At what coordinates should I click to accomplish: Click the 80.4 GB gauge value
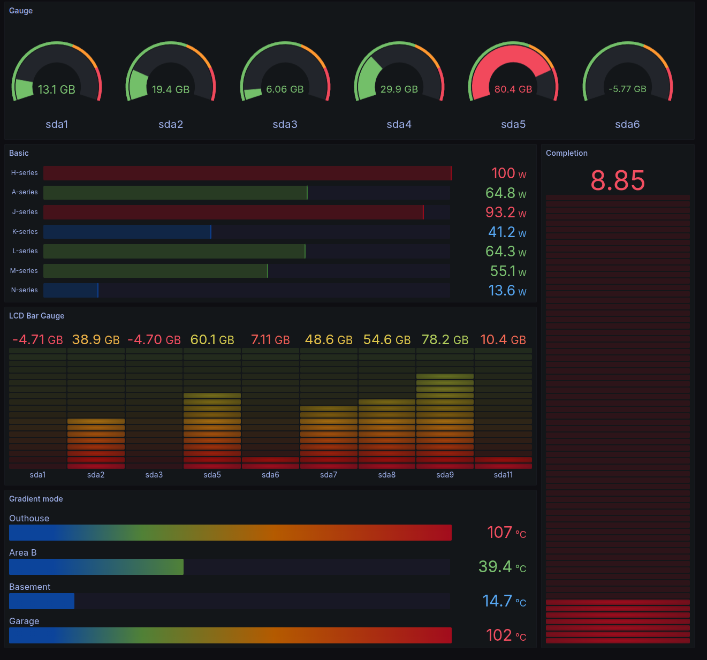(x=513, y=89)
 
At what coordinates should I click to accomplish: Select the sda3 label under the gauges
(x=285, y=124)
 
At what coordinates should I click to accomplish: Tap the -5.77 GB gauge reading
(x=627, y=89)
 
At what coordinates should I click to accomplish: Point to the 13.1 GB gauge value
(x=56, y=89)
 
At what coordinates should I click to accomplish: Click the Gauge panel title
(x=21, y=11)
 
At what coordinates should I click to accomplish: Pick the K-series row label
(x=25, y=232)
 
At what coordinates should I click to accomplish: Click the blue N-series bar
(x=71, y=291)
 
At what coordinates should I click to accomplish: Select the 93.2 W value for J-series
(x=506, y=213)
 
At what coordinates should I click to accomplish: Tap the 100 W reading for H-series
(x=508, y=173)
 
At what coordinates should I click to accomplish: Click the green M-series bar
(x=155, y=271)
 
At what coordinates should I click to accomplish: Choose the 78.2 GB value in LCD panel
(x=445, y=340)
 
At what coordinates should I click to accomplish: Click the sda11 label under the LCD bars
(x=503, y=475)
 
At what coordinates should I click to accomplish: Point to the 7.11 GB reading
(x=270, y=340)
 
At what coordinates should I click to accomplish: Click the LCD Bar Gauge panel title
(x=36, y=316)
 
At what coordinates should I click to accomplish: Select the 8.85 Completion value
(x=618, y=180)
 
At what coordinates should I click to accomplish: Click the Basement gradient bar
(x=42, y=601)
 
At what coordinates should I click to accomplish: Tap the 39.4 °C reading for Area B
(x=502, y=567)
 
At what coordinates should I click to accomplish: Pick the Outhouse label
(x=29, y=518)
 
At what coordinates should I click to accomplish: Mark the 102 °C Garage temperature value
(x=506, y=635)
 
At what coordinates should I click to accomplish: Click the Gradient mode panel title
(x=36, y=499)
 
